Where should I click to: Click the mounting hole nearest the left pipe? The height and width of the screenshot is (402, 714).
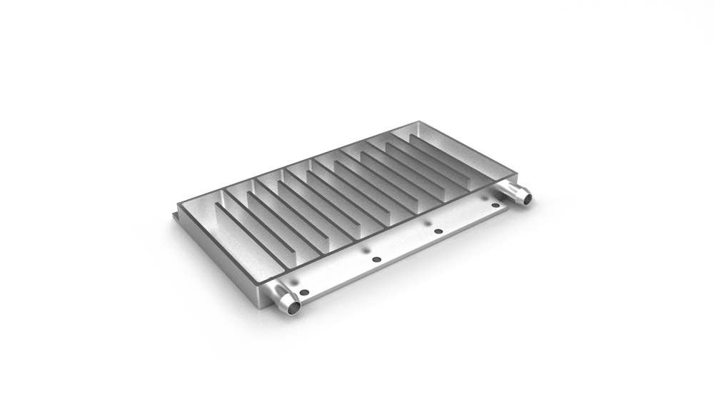305,291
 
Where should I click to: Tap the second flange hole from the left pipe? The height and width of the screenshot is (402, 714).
377,258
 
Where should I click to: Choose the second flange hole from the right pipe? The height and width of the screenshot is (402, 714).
438,231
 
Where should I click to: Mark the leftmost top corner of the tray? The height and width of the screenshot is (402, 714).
176,203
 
